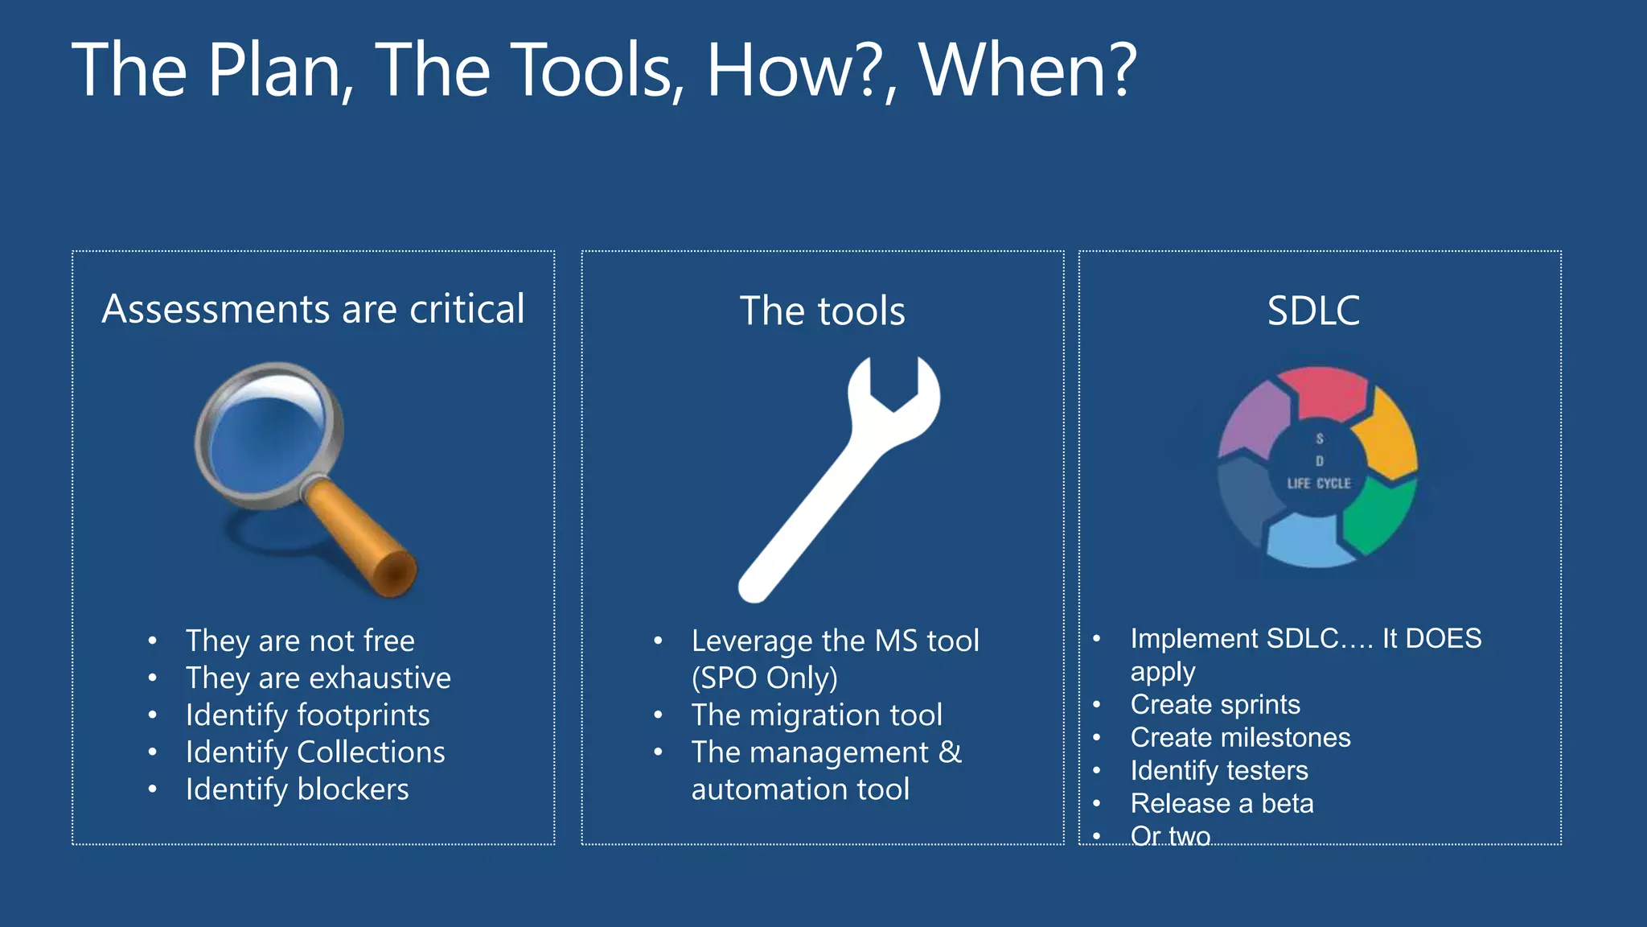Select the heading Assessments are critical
[313, 309]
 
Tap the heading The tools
[822, 311]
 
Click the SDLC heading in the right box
[1313, 311]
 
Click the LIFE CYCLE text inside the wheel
[1319, 484]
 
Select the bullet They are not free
[300, 641]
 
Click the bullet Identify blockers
[297, 789]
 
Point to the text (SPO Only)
[764, 678]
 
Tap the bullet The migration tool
[816, 715]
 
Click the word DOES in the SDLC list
[1443, 639]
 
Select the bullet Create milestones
[1240, 738]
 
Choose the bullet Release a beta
[1222, 804]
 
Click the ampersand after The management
[950, 752]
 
